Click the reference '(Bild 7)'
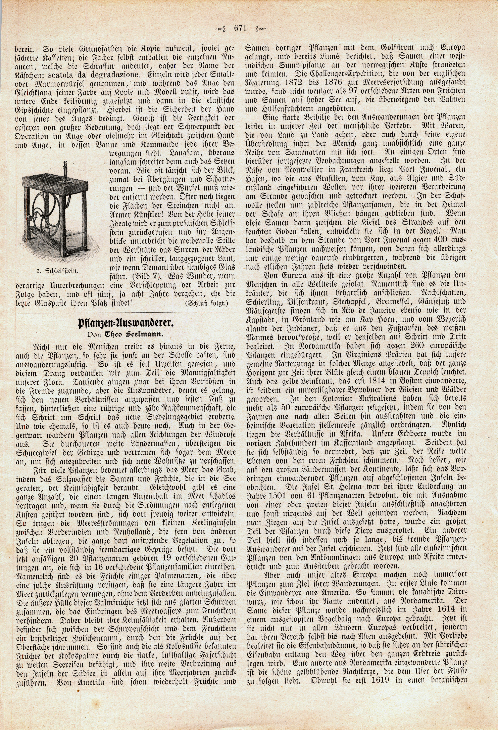point(143,277)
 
